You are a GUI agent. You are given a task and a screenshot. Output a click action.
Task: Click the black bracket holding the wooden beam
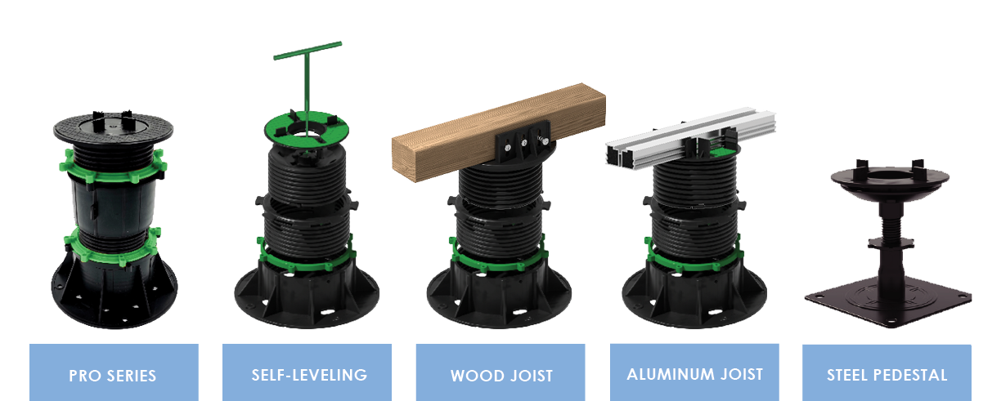521,144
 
